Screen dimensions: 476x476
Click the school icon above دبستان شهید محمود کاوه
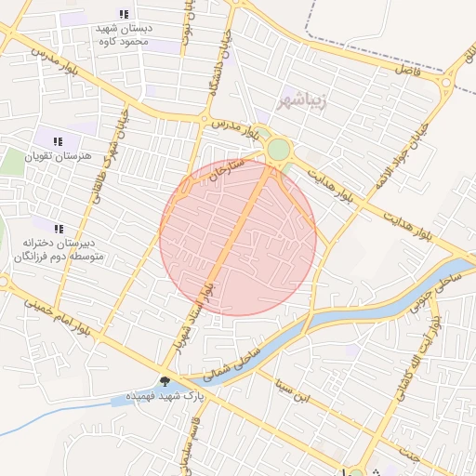[124, 13]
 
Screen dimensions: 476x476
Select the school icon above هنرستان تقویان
[59, 141]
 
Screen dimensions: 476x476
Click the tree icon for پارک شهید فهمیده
[165, 380]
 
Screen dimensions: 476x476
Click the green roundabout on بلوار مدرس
[278, 150]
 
